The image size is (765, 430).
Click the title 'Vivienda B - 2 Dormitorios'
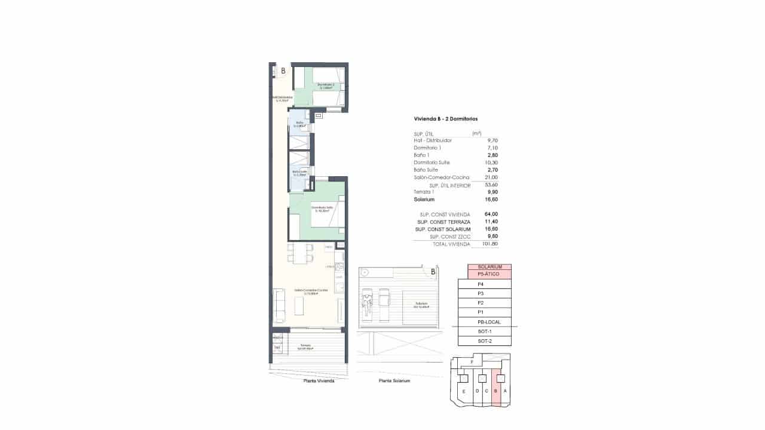pos(445,119)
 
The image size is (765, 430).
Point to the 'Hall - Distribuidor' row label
pos(433,140)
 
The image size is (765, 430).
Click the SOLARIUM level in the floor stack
pos(485,267)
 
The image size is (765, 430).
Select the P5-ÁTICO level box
pos(485,274)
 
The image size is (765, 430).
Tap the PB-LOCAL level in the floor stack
pos(485,322)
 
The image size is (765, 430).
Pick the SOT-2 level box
pos(485,341)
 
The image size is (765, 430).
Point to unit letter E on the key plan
pos(464,392)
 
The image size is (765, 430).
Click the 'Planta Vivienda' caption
pos(319,381)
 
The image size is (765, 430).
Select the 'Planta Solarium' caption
pos(394,381)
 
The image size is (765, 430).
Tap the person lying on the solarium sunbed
pos(368,303)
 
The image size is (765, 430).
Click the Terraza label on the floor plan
pos(305,346)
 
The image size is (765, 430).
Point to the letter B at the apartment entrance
pos(283,70)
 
